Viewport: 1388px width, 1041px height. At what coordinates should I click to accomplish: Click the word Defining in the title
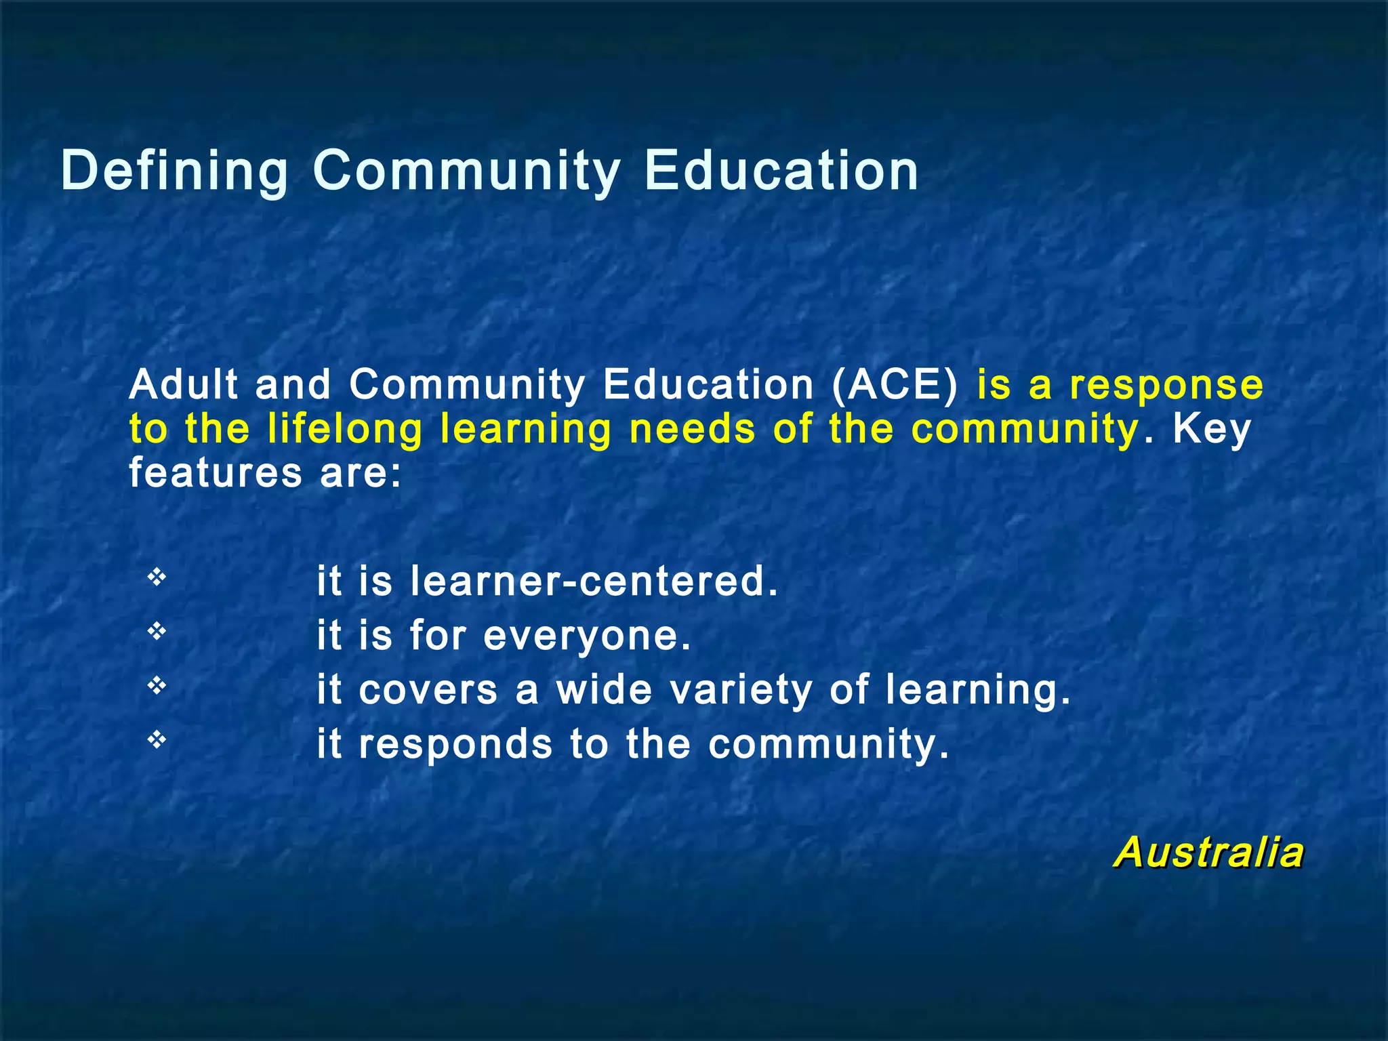point(175,171)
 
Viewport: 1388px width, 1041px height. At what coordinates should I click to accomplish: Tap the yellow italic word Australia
point(1208,852)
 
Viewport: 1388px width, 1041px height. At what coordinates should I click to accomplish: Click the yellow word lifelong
point(345,430)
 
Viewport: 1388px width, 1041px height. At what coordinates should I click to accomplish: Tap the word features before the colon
point(216,472)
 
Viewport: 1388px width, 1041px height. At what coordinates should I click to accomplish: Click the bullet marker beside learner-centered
point(157,577)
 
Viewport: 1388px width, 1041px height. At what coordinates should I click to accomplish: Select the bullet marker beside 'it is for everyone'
point(157,632)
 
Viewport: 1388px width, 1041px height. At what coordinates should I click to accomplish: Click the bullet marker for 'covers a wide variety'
point(157,686)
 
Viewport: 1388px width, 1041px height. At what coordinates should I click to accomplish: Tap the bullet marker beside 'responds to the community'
point(157,740)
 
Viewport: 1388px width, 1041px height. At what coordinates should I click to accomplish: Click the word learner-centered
point(594,581)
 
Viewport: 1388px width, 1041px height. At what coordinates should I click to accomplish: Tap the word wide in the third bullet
point(605,690)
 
